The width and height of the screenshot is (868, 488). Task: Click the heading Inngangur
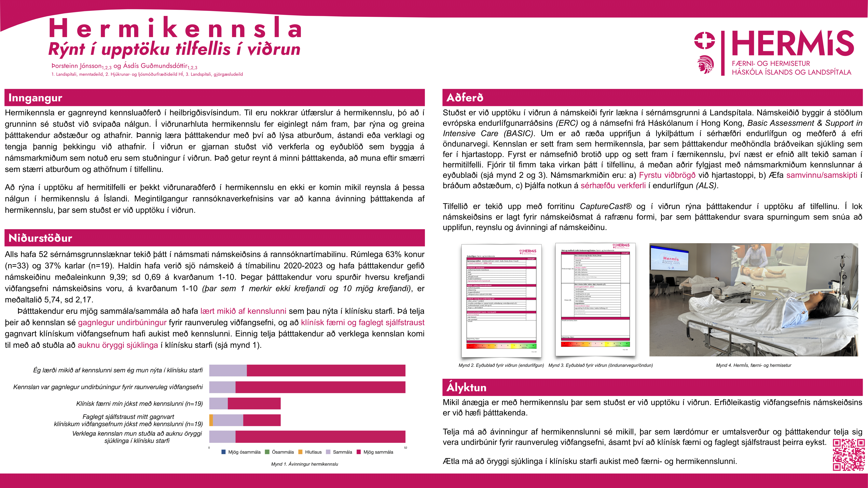tap(35, 98)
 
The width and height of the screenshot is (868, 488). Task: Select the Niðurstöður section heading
tap(40, 238)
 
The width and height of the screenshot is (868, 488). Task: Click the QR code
tap(848, 455)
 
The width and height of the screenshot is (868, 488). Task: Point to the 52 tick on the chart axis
tap(406, 448)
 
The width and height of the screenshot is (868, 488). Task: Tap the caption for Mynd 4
tap(753, 365)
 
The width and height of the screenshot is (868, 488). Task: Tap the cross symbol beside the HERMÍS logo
tap(704, 40)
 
